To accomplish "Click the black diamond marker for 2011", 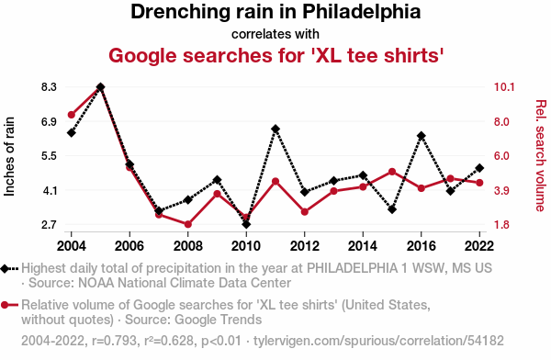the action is tap(275, 129).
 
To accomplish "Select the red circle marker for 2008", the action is tap(188, 224).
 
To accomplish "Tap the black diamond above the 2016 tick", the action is tap(422, 136).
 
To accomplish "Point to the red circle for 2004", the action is tap(72, 115).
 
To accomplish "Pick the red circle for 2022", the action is tap(479, 183).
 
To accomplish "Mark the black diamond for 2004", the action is tap(72, 133).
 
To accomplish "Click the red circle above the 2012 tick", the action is tap(305, 212).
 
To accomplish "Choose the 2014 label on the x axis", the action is tap(363, 246).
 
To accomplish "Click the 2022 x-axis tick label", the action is tap(479, 246).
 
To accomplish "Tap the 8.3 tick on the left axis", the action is tap(49, 87).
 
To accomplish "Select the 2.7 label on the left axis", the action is tap(49, 225).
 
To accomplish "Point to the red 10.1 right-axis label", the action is tap(504, 87).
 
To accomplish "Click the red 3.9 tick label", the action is tap(501, 190).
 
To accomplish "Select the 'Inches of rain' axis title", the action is tap(9, 156).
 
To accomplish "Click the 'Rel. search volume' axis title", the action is tap(541, 156).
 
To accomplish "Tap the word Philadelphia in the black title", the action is tap(361, 12).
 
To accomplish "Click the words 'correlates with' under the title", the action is tap(275, 34).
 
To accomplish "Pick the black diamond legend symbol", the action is tap(9, 269).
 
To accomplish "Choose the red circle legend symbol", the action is tap(9, 305).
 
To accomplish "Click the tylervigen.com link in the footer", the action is tap(378, 341).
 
